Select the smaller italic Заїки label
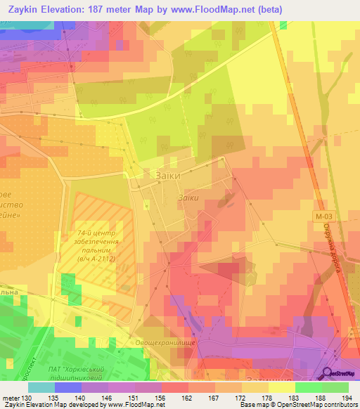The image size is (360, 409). click(x=188, y=198)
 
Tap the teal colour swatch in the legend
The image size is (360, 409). click(x=41, y=387)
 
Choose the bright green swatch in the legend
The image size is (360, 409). click(x=309, y=387)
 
